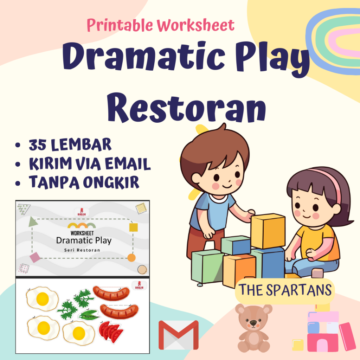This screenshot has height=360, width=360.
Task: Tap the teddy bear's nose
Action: click(253, 322)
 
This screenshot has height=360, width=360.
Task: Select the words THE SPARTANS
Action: click(285, 290)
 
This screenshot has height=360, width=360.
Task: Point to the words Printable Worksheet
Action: click(160, 25)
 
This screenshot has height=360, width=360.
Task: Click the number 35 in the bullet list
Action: click(38, 144)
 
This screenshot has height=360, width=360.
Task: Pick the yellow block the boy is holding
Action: click(268, 230)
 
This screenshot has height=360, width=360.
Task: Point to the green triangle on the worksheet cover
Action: click(33, 221)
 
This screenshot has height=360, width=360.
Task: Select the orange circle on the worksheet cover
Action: click(131, 258)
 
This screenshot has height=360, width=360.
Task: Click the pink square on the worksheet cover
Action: click(35, 258)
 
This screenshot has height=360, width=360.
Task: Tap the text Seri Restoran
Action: click(82, 250)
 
